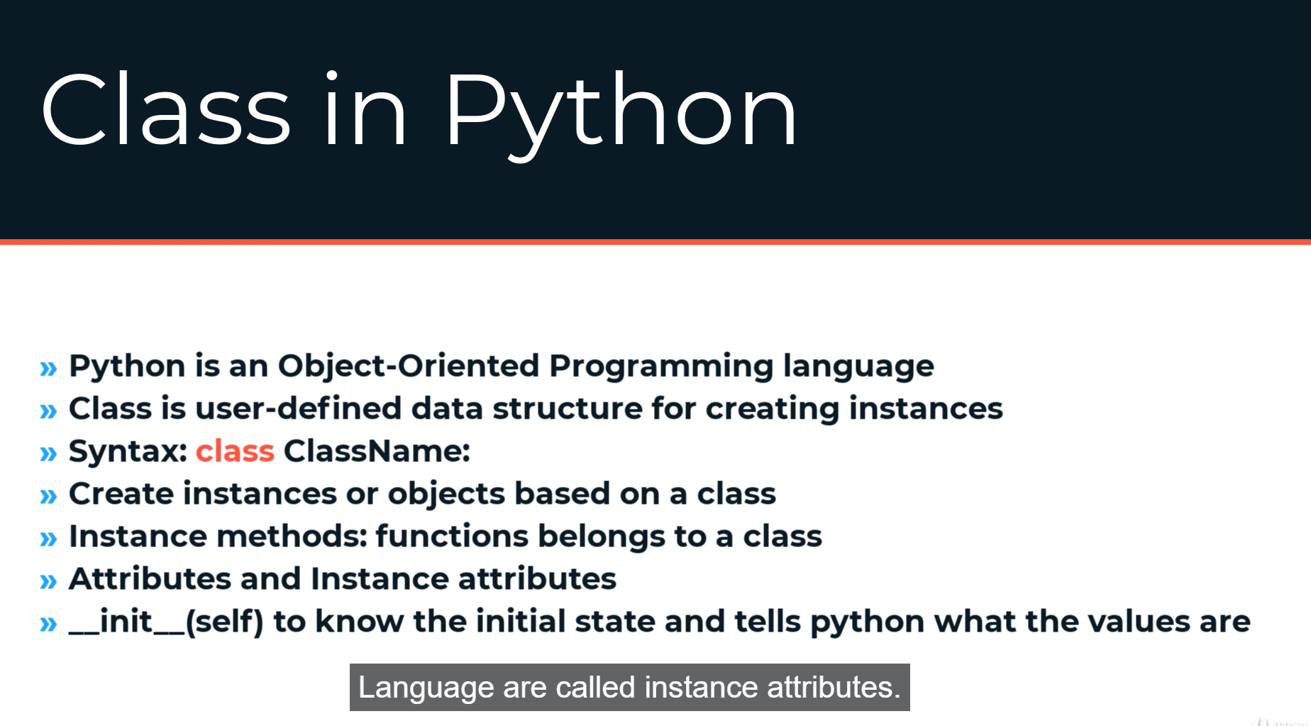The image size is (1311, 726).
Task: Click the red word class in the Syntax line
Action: click(x=235, y=451)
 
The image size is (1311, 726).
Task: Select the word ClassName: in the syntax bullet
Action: click(x=377, y=451)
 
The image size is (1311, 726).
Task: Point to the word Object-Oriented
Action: click(x=409, y=366)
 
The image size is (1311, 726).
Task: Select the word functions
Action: click(x=452, y=537)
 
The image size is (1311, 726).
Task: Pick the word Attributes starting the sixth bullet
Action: click(x=150, y=579)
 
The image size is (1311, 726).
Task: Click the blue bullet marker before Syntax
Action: click(x=48, y=453)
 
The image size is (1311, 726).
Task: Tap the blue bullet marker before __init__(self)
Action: click(x=48, y=624)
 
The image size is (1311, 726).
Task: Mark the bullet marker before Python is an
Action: click(x=48, y=368)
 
